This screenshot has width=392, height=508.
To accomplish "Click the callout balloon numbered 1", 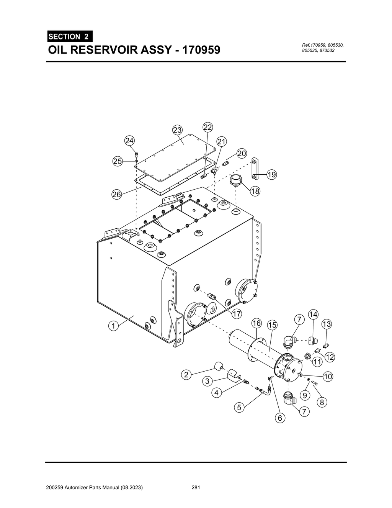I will (x=113, y=326).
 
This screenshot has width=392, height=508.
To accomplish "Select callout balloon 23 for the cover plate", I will (x=177, y=130).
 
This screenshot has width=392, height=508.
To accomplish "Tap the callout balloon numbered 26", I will (x=116, y=195).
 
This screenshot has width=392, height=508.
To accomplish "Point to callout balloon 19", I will (x=271, y=175).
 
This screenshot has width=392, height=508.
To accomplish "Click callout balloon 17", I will (x=237, y=314).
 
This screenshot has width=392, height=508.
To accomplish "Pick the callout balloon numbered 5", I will (x=239, y=408).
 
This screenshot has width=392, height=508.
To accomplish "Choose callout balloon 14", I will (x=313, y=315).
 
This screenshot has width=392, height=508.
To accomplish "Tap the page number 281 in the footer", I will (x=196, y=488).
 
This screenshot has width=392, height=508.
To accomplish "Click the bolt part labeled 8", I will (x=315, y=383).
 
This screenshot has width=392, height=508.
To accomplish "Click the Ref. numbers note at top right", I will (x=323, y=48).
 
